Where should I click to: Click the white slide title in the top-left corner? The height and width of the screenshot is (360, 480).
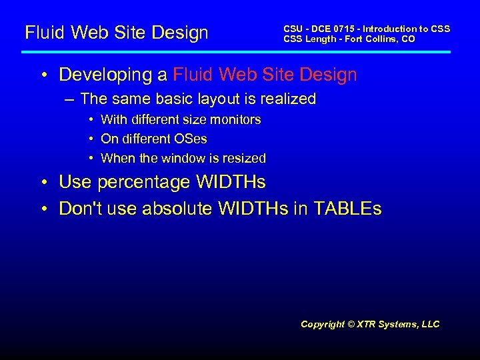tap(116, 32)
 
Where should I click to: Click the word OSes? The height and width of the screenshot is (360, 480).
tap(192, 139)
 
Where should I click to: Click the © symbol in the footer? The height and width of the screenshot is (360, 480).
tap(351, 324)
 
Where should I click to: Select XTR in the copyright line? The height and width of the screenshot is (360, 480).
tap(367, 324)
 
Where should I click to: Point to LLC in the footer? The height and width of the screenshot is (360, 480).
tap(431, 324)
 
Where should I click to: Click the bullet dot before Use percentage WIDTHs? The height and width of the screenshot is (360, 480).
tap(43, 182)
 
